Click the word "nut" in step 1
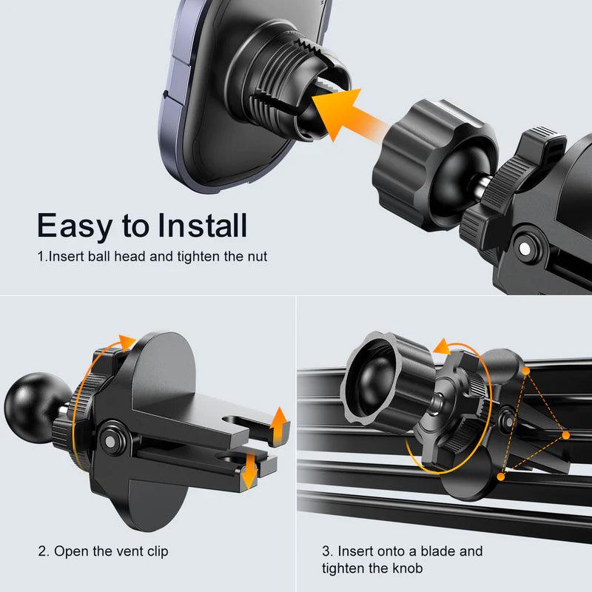click(x=258, y=258)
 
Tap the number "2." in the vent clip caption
click(x=44, y=551)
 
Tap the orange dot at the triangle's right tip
click(x=566, y=435)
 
